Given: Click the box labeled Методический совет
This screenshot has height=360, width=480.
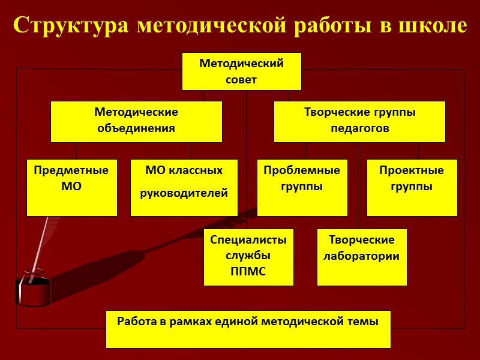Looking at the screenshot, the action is pos(241,71).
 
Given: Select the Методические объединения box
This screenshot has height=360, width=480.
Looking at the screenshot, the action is pos(136,121).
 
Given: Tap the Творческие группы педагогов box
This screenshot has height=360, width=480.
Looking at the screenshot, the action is pos(359,121).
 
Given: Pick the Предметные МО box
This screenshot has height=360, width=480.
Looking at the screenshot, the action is pos(71,187).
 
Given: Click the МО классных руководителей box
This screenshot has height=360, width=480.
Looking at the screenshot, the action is pos(184,187).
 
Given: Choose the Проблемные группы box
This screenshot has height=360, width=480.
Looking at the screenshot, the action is pos(302,187).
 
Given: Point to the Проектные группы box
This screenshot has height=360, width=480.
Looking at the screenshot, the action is pos(412,187).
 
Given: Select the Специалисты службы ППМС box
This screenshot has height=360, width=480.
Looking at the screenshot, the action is pos(248,257).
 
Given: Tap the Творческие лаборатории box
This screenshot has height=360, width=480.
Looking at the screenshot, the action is pos(362,257).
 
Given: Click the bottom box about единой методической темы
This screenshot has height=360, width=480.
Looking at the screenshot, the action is pos(248,329).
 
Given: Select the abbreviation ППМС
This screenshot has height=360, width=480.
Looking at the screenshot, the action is pos(248,271).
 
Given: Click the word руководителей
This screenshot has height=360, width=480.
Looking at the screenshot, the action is pos(184,193).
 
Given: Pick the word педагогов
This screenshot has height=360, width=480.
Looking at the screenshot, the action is pos(359,128).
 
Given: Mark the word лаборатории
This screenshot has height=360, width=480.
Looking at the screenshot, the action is pos(362,256).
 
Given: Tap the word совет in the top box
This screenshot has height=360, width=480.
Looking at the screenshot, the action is pos(241,79).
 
